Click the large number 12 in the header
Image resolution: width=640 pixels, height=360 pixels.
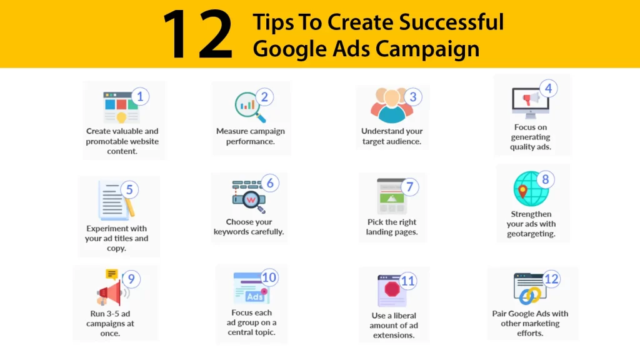(198, 35)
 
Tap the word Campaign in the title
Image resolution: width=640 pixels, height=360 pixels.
(427, 49)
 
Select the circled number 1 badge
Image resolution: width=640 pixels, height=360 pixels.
(140, 97)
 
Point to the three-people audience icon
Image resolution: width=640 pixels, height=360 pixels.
(391, 105)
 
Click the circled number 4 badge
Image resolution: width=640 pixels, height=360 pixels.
(548, 88)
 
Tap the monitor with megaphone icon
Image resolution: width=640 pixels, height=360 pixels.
(530, 103)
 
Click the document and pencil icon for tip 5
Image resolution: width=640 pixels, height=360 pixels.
(116, 201)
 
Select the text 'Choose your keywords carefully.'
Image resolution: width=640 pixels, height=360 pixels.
(249, 227)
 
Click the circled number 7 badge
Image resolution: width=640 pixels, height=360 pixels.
(409, 187)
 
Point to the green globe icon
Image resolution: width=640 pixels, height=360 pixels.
(531, 189)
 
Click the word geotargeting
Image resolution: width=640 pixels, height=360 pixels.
(531, 234)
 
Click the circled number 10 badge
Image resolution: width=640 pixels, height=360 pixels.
(269, 277)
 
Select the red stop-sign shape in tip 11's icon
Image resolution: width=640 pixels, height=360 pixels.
(392, 289)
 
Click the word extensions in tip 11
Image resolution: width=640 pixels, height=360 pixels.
(394, 335)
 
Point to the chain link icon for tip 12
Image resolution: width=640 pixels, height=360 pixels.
(530, 296)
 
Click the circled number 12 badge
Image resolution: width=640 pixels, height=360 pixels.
(551, 279)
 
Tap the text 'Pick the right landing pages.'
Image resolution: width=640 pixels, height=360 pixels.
(392, 227)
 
